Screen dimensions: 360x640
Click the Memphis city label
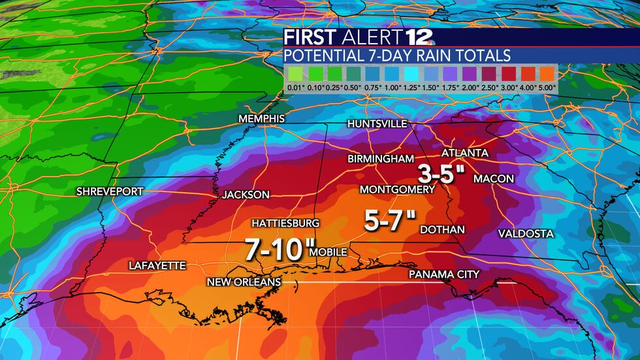(261, 119)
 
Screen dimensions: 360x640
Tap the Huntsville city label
(377, 123)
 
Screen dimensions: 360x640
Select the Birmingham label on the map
(381, 159)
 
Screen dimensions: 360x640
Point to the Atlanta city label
(465, 153)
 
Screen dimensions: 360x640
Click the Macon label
(494, 178)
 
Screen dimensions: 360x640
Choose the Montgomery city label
(398, 189)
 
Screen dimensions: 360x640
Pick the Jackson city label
(246, 195)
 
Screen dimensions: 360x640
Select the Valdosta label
(526, 233)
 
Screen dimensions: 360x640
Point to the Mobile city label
(328, 252)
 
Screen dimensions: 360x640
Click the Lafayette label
(157, 265)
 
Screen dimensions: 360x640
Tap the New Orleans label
(244, 282)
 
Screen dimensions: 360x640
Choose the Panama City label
(444, 274)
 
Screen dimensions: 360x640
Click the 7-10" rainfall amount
(276, 248)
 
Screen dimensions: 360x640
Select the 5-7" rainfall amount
(390, 222)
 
